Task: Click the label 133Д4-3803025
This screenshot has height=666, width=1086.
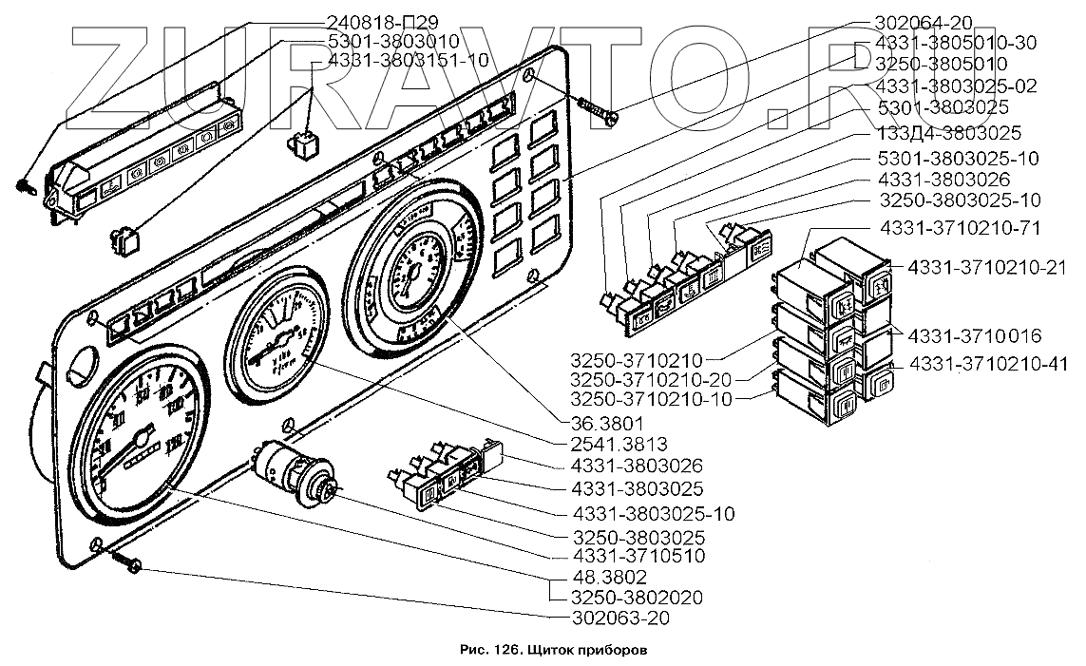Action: coord(938,133)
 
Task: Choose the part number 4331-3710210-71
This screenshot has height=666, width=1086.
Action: coord(960,229)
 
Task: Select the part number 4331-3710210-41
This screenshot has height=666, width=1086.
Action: coord(989,363)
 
